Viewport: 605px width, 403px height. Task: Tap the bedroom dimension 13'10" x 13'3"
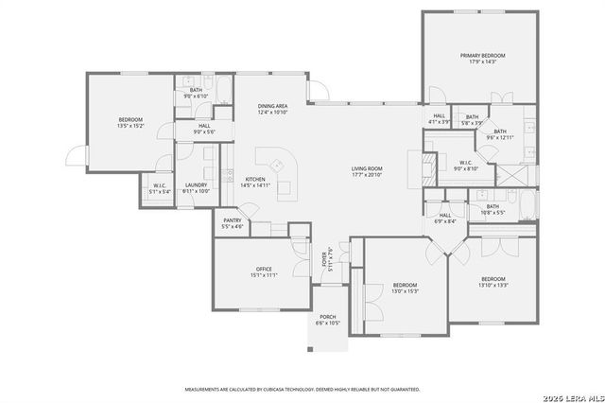click(x=493, y=282)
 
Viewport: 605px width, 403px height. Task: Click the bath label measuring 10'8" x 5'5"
click(x=493, y=209)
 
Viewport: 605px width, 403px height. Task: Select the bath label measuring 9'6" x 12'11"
click(x=499, y=134)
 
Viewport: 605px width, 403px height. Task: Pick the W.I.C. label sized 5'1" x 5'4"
click(x=160, y=188)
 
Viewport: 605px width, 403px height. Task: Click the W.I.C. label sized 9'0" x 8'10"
click(x=466, y=165)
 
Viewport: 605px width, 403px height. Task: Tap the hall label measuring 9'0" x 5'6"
click(x=205, y=129)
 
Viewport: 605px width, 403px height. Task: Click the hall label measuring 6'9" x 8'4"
click(x=445, y=218)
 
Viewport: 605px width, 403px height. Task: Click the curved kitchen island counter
click(x=279, y=166)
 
